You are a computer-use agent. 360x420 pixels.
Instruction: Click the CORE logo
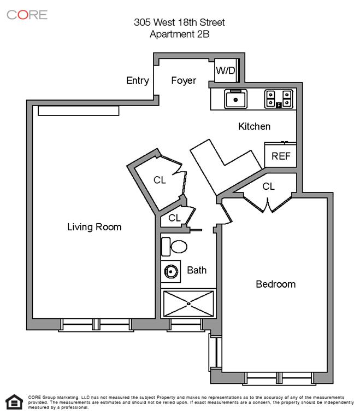(x=27, y=14)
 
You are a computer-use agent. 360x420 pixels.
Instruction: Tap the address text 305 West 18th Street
(x=179, y=22)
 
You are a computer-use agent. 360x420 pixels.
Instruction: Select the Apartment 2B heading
(x=179, y=33)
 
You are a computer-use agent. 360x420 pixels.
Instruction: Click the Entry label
(x=138, y=80)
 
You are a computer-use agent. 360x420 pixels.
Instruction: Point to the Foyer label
(x=184, y=80)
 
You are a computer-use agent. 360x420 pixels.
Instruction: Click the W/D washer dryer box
(x=225, y=71)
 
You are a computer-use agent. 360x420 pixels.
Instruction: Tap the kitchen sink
(x=236, y=99)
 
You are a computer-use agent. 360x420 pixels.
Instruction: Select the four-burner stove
(x=279, y=98)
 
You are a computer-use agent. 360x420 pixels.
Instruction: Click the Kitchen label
(x=255, y=126)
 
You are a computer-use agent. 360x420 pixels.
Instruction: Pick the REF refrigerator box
(x=281, y=155)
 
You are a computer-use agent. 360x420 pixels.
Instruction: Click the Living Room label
(x=94, y=226)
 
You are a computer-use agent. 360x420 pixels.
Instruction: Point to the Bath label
(x=197, y=270)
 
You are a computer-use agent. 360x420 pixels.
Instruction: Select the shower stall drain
(x=189, y=302)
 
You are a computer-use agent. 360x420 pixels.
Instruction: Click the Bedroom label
(x=276, y=284)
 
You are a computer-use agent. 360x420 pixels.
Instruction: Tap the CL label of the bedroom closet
(x=268, y=186)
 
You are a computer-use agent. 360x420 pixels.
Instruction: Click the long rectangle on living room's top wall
(x=78, y=110)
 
